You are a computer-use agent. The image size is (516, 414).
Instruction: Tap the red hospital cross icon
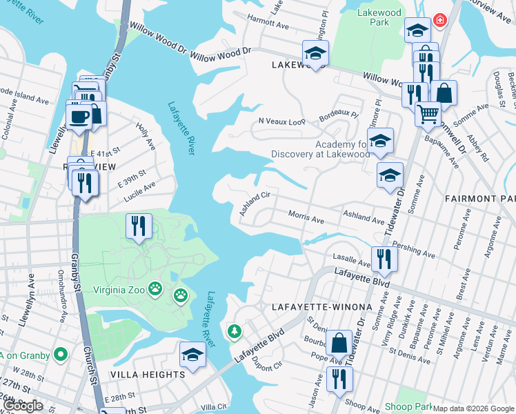tap(439, 21)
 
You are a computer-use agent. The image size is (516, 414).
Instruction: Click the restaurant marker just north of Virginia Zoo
tap(139, 225)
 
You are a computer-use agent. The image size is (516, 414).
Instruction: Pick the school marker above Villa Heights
tap(193, 355)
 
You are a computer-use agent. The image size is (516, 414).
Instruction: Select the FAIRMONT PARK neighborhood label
tap(479, 198)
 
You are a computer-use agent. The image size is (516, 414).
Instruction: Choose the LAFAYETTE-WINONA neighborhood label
tap(321, 306)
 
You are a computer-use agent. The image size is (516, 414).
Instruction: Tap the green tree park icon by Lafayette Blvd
tap(235, 332)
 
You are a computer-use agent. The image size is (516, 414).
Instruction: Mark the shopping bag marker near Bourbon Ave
tap(339, 342)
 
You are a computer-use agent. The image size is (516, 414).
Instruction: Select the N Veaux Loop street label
tap(281, 121)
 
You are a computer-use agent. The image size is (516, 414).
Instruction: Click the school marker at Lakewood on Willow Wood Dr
tap(315, 53)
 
